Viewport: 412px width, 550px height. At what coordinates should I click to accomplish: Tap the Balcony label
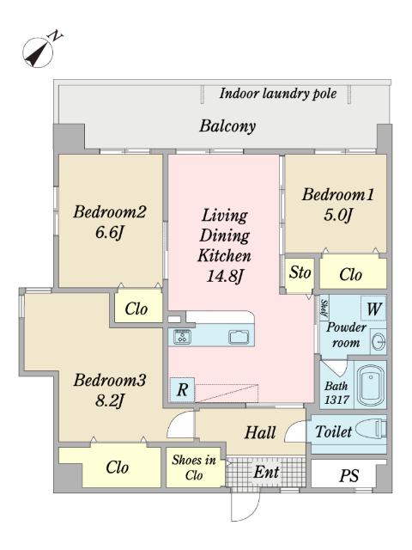(227, 126)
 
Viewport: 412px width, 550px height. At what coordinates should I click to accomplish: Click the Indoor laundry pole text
(278, 94)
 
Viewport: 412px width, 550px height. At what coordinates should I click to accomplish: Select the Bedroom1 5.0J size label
(337, 215)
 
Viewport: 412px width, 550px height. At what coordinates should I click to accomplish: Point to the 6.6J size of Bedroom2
(110, 232)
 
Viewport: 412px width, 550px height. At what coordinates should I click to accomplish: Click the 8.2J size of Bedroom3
(110, 400)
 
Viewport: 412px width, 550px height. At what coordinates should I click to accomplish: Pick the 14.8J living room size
(225, 276)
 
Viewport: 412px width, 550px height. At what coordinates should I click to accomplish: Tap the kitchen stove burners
(183, 337)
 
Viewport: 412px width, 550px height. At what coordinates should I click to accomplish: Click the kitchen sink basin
(239, 337)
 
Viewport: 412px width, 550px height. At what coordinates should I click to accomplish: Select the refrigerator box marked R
(182, 389)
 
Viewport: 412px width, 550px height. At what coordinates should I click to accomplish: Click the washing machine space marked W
(373, 309)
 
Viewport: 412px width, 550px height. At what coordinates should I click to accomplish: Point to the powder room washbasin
(379, 341)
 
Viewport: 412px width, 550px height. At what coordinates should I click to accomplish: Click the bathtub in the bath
(370, 384)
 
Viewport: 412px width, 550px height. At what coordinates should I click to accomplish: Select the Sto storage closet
(300, 273)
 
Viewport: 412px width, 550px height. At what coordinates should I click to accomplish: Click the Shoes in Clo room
(195, 467)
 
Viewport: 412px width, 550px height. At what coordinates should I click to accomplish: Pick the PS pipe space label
(349, 475)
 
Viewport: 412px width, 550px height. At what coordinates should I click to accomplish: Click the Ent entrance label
(267, 472)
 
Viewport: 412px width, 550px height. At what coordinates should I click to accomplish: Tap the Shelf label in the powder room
(324, 309)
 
